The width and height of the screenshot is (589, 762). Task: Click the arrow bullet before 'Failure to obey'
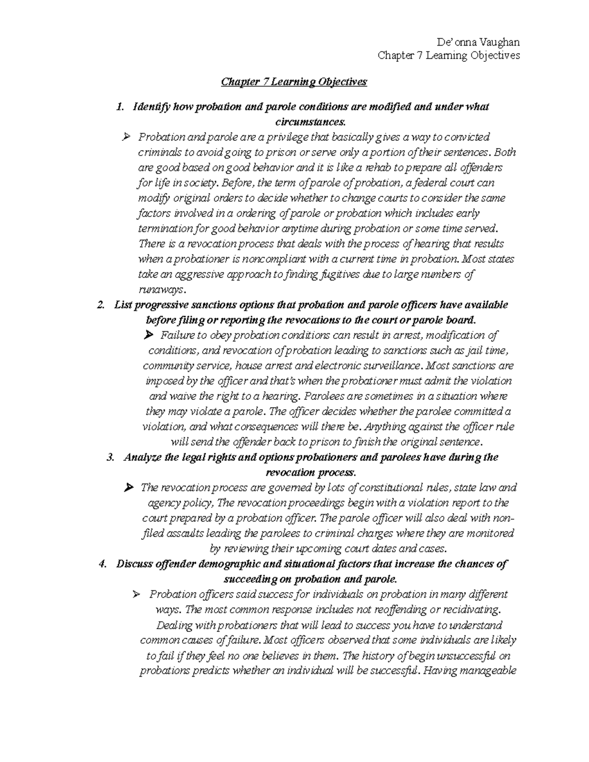tap(149, 336)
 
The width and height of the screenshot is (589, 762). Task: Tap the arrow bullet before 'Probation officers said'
tap(137, 595)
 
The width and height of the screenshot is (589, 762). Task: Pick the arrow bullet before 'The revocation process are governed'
tap(129, 488)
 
